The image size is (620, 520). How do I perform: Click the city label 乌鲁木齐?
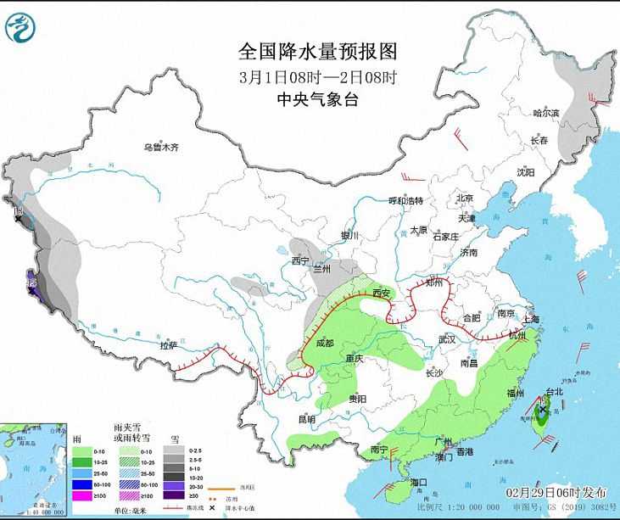point(161,148)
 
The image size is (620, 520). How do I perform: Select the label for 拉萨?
point(168,345)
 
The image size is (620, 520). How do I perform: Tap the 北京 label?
point(465,198)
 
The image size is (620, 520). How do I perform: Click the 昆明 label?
point(307,419)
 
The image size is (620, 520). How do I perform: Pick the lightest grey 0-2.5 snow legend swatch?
point(172,450)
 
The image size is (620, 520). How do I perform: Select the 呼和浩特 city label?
point(405,201)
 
